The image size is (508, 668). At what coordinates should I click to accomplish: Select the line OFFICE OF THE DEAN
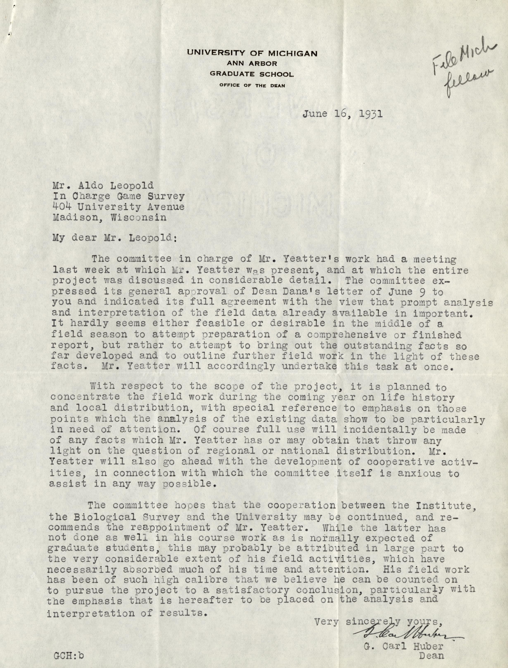point(252,85)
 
